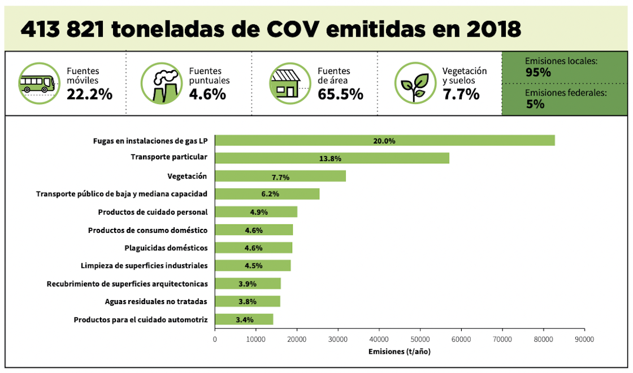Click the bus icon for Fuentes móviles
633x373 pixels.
[x=39, y=83]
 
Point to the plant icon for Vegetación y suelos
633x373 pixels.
[x=415, y=83]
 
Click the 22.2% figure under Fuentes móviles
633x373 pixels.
[x=89, y=94]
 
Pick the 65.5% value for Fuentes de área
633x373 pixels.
[x=340, y=94]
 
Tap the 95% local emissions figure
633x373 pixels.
[x=537, y=72]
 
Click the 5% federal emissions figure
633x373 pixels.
[x=535, y=104]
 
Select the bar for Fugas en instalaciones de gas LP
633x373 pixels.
[x=384, y=141]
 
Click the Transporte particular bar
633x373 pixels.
[x=332, y=158]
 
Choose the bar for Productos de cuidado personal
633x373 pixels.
[x=256, y=212]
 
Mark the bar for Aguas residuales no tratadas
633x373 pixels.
[x=248, y=301]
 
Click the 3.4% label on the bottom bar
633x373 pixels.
[x=244, y=320]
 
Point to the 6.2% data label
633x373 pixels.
[x=267, y=194]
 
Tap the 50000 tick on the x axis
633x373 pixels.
[x=420, y=339]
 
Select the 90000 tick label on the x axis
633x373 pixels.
[x=584, y=339]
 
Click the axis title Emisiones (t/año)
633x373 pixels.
[x=400, y=352]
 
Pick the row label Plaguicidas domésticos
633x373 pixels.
[x=166, y=248]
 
